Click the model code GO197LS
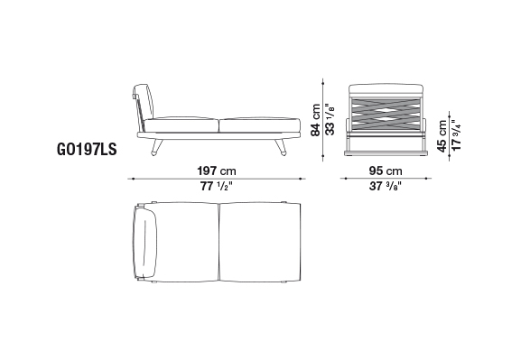point(87,149)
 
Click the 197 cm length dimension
point(217,171)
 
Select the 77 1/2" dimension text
point(217,186)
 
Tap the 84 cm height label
point(315,120)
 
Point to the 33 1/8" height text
point(330,119)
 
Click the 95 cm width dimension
point(386,171)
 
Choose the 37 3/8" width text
point(386,186)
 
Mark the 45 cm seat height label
point(442,136)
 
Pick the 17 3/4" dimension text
point(456,135)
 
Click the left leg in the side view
point(157,147)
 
